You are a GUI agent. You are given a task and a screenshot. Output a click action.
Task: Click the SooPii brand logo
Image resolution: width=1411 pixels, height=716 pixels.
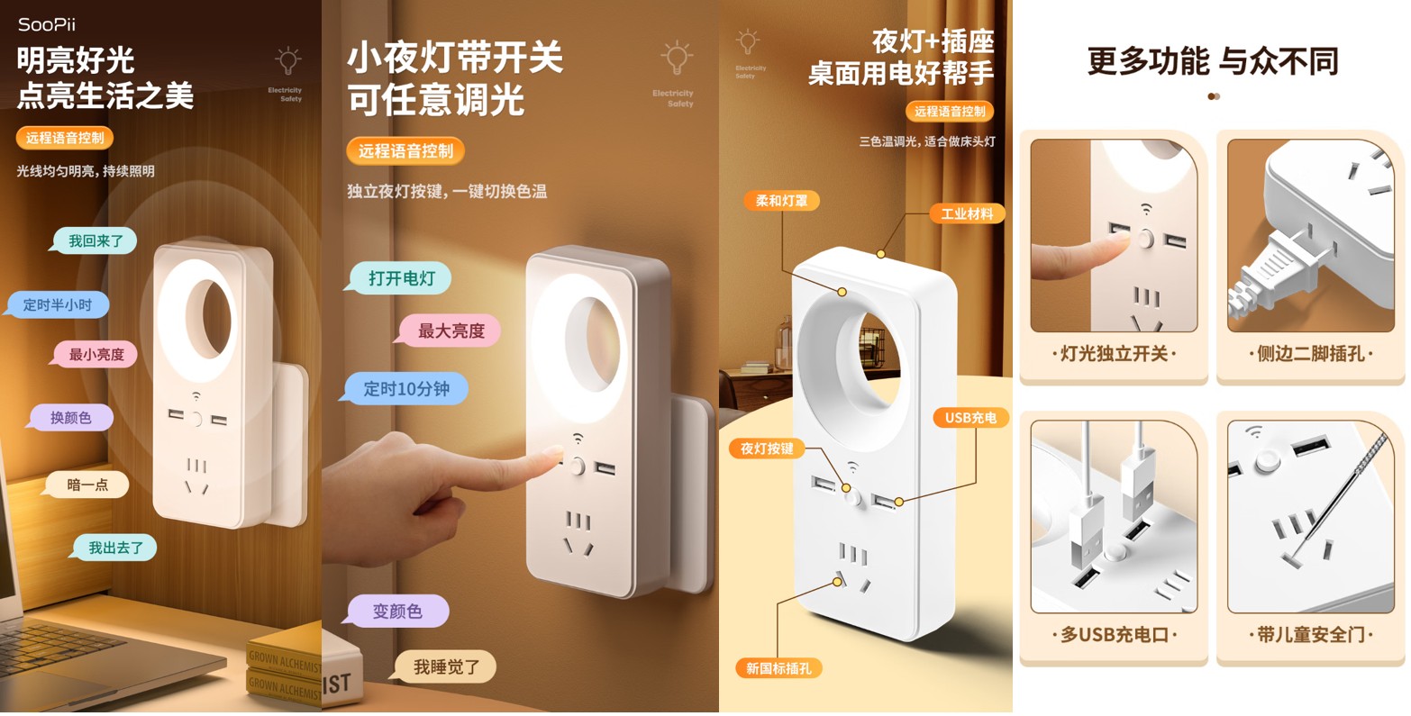coord(47,24)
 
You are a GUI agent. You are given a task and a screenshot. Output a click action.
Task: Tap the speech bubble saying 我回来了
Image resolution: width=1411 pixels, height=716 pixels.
coord(95,240)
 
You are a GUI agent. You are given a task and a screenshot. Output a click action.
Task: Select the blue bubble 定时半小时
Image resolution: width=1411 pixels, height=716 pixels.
coord(58,304)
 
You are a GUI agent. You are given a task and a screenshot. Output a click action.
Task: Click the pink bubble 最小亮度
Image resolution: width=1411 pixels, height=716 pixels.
coord(96,355)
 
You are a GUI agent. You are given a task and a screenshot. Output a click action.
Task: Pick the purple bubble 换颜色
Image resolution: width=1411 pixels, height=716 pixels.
coord(70,418)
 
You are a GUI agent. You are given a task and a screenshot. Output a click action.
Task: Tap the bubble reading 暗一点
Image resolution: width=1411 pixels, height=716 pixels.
coord(86,485)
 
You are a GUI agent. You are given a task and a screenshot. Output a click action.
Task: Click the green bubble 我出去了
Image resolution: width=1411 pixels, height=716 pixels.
coord(114,548)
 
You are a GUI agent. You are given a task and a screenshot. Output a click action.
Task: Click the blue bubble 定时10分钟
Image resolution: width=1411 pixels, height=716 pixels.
coord(405,388)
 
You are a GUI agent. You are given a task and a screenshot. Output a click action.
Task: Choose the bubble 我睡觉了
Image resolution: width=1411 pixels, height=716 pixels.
coord(444,666)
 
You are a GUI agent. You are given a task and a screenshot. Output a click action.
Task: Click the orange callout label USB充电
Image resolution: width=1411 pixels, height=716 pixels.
coord(970,418)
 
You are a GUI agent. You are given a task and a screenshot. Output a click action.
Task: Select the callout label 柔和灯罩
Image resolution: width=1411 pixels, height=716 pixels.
coord(782,200)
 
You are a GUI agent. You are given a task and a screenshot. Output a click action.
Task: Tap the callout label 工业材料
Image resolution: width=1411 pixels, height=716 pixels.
coord(967,213)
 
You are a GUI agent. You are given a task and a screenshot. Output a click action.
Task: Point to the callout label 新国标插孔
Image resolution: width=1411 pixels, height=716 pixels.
coord(778,668)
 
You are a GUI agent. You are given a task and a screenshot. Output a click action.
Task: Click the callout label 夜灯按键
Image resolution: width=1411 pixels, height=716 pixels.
coord(767,449)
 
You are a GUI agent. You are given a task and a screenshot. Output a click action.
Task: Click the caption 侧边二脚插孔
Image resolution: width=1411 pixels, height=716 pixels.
coord(1310,354)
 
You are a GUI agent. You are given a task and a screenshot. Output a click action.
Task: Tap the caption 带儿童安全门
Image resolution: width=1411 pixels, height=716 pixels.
coord(1310,634)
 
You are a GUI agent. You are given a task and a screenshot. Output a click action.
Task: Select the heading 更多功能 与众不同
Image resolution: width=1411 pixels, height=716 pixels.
coord(1213,61)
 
